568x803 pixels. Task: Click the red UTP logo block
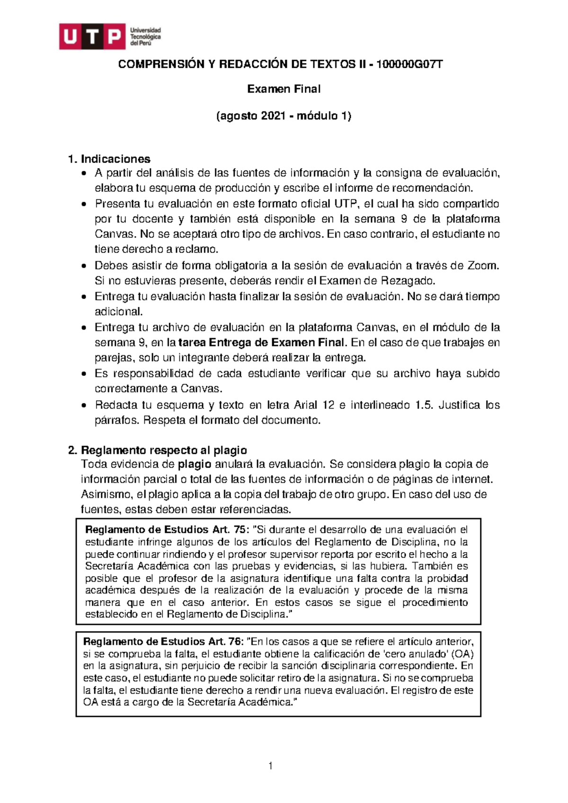[92, 36]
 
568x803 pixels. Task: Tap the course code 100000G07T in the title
[409, 64]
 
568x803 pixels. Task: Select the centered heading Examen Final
[284, 89]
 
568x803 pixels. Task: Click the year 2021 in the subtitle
[273, 116]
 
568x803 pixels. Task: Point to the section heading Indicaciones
[115, 159]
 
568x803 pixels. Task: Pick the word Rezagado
[408, 281]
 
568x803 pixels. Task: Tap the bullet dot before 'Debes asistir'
[84, 266]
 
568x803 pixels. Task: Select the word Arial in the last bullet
[306, 405]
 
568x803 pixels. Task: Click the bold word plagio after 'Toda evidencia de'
[194, 464]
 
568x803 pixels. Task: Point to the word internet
[469, 479]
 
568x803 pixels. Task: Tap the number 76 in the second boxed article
[234, 642]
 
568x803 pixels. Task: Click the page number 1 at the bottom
[270, 766]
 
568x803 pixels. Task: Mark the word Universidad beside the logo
[146, 30]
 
